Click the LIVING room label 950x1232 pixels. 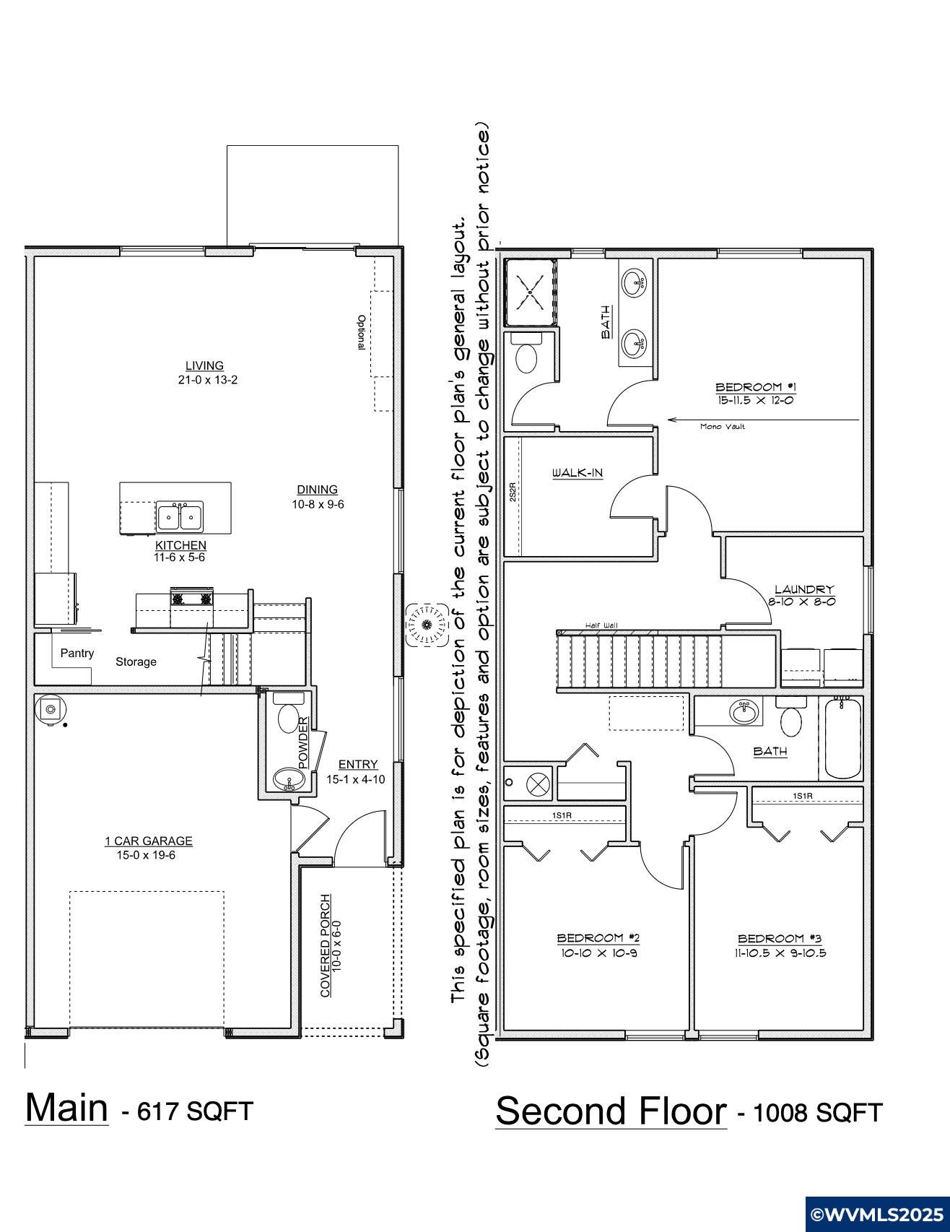coord(205,366)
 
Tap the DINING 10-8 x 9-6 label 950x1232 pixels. coord(318,497)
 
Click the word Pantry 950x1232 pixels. coord(77,654)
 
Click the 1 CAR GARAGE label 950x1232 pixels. coord(149,841)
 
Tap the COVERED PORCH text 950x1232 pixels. coord(326,946)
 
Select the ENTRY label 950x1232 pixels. coord(358,765)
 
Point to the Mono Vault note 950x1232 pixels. coord(723,427)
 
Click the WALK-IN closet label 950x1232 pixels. coord(578,474)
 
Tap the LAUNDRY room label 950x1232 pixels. coord(804,590)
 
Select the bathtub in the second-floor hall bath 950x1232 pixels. coord(843,737)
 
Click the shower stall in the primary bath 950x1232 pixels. coord(531,292)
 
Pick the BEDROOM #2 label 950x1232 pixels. coord(598,938)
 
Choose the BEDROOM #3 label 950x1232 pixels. coord(780,939)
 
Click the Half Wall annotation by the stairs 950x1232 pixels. coord(601,626)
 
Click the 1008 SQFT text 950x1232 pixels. coord(817,1113)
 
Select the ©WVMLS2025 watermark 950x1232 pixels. coord(876,1213)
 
